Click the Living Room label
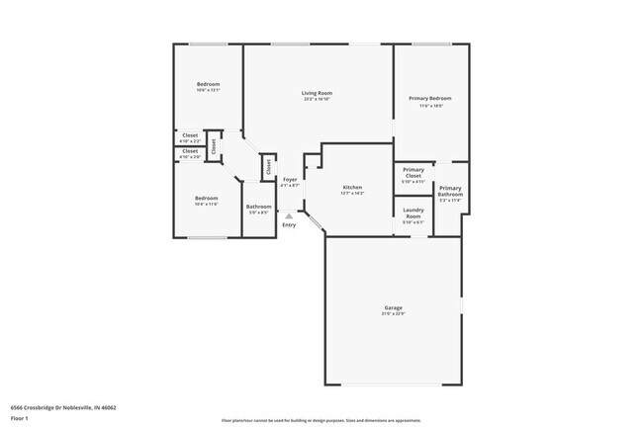point(317,93)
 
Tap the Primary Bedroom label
point(430,98)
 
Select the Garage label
point(394,308)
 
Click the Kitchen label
point(352,187)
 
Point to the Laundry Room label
point(413,213)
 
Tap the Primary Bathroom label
point(450,191)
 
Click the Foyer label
point(290,179)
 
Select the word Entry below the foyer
point(289,225)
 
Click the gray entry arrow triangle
point(289,214)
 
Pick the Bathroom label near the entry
point(259,207)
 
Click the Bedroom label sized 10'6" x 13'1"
point(208,84)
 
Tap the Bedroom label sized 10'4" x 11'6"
point(206,198)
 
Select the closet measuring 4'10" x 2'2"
point(190,134)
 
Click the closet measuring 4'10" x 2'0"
point(190,151)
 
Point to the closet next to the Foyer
point(268,166)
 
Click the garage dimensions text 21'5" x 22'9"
point(394,314)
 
